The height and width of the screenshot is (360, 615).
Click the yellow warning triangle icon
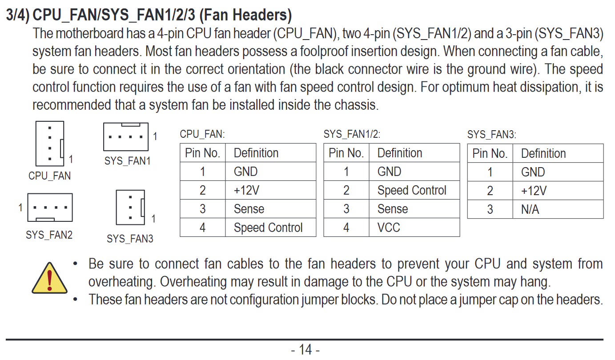point(49,278)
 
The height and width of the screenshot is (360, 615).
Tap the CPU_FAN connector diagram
point(50,144)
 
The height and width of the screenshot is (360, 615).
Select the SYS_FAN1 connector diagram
point(126,136)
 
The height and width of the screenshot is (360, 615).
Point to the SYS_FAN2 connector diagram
point(50,208)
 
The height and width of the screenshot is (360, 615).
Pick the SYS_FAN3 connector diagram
point(130,208)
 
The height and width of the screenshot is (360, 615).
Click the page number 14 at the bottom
point(305,350)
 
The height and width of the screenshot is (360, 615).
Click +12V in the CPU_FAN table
point(246,190)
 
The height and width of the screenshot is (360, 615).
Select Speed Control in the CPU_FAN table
point(268,228)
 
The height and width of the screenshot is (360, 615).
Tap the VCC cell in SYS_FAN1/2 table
point(389,228)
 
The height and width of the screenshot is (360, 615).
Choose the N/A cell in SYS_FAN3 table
point(530,209)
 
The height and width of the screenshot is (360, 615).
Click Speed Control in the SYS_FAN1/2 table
point(412,190)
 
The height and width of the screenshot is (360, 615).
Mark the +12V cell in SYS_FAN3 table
point(534,191)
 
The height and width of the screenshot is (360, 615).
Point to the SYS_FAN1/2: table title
point(352,134)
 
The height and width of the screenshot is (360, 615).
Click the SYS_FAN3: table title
point(492,135)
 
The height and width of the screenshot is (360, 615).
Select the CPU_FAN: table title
point(202,134)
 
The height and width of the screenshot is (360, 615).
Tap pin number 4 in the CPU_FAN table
point(203,228)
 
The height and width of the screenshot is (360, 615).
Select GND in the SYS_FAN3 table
point(533,172)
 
